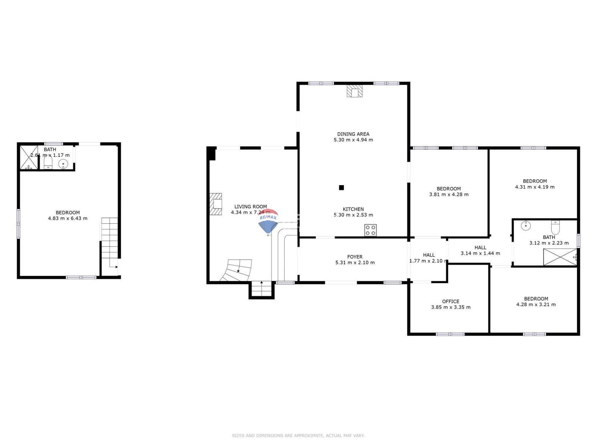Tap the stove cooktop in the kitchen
point(371,230)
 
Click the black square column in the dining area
point(341,188)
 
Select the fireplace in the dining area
point(354,91)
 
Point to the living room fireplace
point(216,204)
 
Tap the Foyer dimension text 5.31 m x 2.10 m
point(355,262)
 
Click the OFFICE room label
point(450,301)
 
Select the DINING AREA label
point(353,134)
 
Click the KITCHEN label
point(353,209)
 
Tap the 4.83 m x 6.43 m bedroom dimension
point(68,218)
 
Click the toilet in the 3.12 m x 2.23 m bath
point(555,227)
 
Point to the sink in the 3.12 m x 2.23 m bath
point(525,225)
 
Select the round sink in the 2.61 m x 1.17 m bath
point(63,164)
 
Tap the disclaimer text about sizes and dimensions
point(298,435)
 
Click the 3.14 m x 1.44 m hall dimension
point(480,253)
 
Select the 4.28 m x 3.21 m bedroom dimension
point(536,304)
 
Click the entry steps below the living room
point(262,290)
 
